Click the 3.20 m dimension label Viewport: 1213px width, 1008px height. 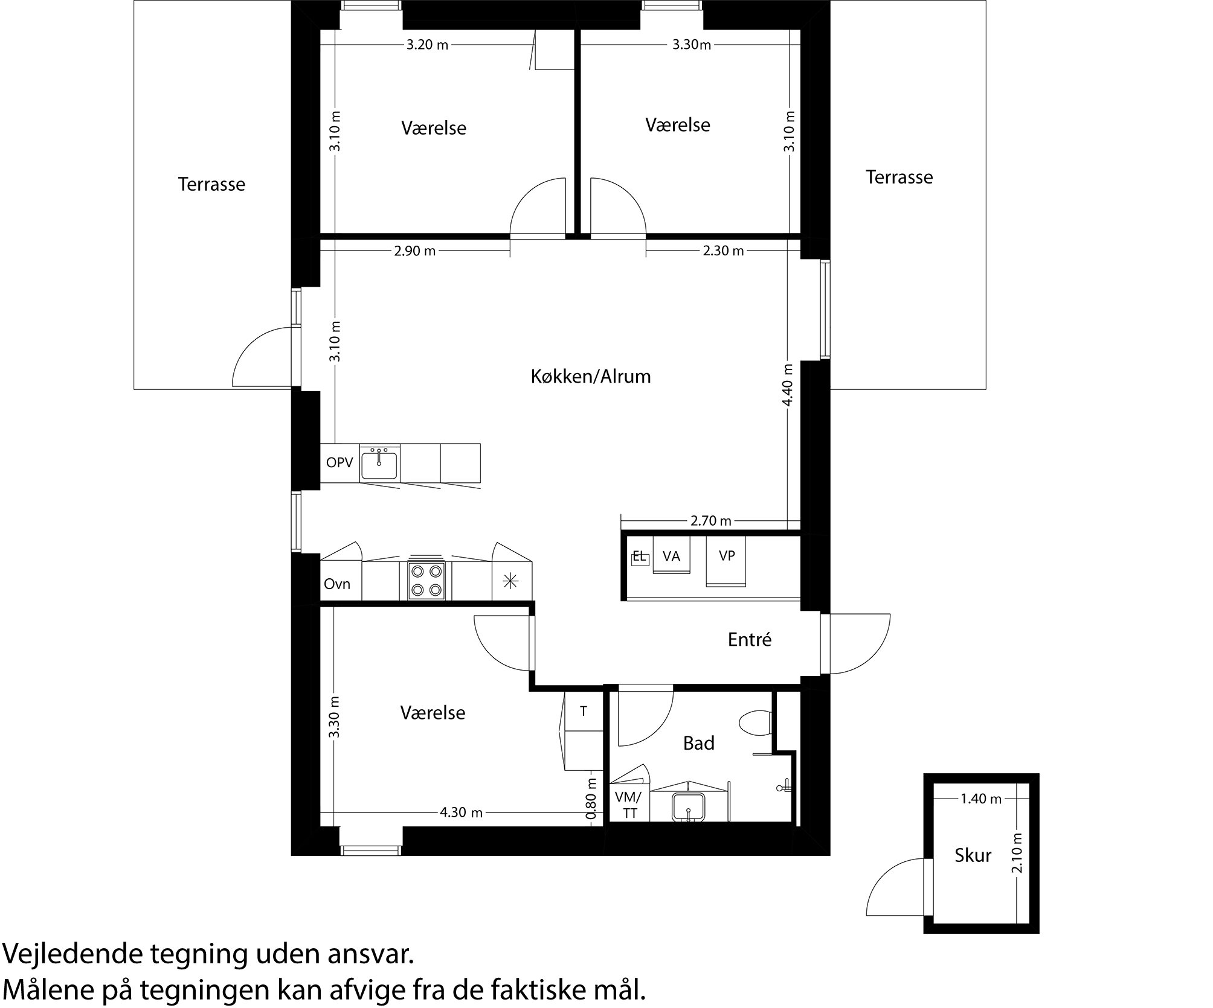coord(427,45)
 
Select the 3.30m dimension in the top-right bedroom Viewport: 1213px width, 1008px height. coord(692,45)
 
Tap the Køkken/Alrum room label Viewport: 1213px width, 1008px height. coord(591,377)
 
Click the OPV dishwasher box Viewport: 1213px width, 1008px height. coord(339,463)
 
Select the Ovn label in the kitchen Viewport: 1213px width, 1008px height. coord(337,584)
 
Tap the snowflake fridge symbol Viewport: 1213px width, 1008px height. coord(511,581)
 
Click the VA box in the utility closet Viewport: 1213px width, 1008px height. coord(671,557)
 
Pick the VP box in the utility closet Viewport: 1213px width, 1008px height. coord(727,556)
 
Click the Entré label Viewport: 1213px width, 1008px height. coord(749,640)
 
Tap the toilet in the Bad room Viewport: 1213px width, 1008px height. coord(756,723)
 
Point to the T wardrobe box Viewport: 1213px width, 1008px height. coord(584,712)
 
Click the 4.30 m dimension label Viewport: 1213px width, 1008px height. coord(461,812)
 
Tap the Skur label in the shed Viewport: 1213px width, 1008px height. coord(973,855)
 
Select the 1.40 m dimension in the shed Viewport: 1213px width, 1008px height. coord(981,799)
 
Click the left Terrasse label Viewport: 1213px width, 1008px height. coord(211,184)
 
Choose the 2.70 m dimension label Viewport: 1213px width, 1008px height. coord(711,521)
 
